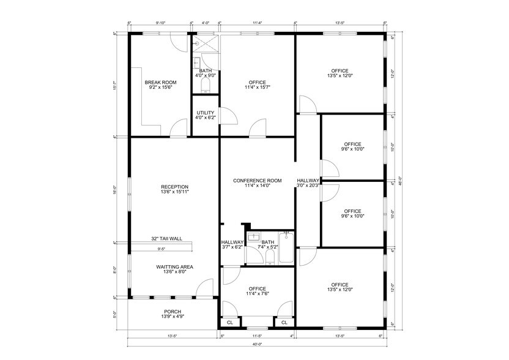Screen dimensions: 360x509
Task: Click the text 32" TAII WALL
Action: coord(166,239)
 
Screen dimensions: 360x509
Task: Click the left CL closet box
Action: coord(230,323)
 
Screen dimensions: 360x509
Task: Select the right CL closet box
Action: coord(284,323)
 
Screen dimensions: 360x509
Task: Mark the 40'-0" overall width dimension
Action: coord(257,343)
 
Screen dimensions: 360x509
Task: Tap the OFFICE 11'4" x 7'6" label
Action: coord(258,291)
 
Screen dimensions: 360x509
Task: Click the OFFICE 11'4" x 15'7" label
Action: coord(258,85)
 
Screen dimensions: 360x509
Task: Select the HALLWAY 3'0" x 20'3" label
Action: coord(308,183)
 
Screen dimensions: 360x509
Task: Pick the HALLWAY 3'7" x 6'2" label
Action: coord(232,245)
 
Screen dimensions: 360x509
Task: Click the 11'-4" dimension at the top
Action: coord(257,23)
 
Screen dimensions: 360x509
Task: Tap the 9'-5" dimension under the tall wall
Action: coord(162,249)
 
